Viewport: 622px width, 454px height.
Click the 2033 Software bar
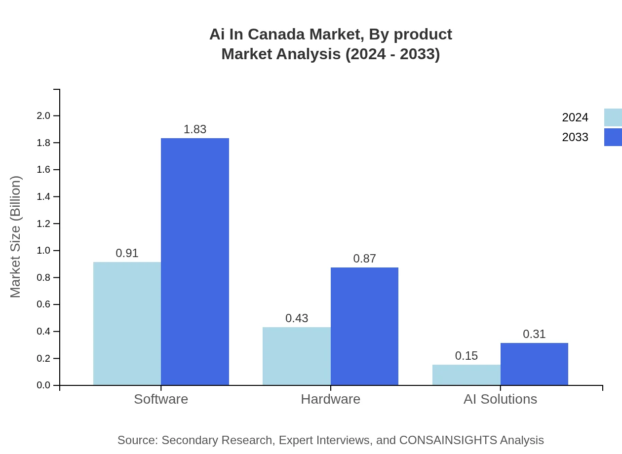tap(195, 262)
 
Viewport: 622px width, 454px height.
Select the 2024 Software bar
tap(127, 323)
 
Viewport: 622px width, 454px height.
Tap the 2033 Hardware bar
tap(364, 326)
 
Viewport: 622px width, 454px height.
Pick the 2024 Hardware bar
tap(296, 356)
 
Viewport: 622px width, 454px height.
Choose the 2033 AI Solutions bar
tap(534, 364)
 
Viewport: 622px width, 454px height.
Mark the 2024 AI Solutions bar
tap(466, 375)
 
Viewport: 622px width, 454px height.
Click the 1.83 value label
tap(195, 129)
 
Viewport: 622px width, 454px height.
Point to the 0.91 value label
tap(127, 253)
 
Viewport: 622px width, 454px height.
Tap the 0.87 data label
tap(364, 259)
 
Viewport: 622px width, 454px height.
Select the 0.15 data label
tap(466, 356)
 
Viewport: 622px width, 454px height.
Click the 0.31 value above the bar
tap(534, 334)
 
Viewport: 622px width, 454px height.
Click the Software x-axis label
tap(161, 399)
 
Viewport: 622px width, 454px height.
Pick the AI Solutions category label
tap(500, 399)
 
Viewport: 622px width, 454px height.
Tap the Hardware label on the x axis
tap(330, 399)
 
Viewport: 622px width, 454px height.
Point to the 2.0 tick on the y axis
tap(43, 116)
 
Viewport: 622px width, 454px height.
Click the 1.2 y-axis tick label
tap(43, 224)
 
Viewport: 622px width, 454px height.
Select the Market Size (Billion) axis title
tap(15, 237)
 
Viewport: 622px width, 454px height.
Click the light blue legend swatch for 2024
tap(613, 117)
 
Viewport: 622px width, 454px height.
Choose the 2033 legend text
tap(575, 137)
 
